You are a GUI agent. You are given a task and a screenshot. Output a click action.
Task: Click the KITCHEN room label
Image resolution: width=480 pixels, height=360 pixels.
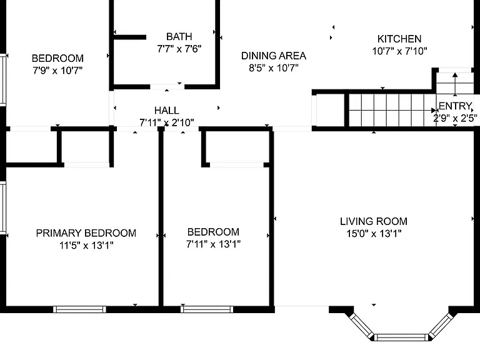(399, 39)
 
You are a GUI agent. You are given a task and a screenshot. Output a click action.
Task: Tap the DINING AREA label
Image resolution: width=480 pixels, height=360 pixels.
(274, 56)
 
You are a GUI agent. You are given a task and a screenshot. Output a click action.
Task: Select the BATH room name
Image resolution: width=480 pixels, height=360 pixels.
(179, 36)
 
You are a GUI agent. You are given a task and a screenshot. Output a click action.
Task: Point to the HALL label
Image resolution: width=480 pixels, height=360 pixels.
(166, 110)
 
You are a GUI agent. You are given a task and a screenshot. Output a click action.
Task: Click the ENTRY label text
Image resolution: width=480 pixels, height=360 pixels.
(455, 106)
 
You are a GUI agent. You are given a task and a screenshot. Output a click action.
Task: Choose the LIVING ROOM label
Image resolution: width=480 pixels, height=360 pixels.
(374, 221)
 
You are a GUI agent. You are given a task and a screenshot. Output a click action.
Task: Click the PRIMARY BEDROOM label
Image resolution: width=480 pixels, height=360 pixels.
(86, 233)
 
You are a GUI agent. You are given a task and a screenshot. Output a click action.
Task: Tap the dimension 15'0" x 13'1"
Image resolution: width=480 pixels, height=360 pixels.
(374, 234)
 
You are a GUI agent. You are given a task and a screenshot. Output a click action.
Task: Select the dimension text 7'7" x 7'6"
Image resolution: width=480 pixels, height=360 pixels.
(179, 49)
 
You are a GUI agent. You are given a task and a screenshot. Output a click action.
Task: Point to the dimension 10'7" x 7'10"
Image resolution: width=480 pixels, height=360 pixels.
(399, 51)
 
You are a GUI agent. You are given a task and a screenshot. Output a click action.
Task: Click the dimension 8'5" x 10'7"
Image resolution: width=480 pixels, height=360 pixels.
(274, 67)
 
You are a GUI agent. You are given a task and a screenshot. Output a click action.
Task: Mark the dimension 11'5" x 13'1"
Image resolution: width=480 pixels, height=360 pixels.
(86, 245)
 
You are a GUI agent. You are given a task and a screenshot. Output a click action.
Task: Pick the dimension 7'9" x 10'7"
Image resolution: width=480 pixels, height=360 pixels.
(57, 71)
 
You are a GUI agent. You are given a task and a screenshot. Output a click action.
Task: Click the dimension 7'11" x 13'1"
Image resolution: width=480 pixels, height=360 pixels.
(213, 244)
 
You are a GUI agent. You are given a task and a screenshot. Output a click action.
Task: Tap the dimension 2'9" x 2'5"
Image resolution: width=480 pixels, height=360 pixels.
(455, 118)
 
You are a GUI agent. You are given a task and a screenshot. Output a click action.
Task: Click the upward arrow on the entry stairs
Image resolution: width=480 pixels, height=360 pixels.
(455, 84)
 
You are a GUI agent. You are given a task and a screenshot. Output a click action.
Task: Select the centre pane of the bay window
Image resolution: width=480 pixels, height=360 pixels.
(401, 337)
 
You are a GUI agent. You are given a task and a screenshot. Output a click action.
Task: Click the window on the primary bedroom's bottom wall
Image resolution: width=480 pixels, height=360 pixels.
(79, 309)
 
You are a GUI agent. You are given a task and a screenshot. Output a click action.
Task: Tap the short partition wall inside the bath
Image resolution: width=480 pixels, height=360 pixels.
(130, 37)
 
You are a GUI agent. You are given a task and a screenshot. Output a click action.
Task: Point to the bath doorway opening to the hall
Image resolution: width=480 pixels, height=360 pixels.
(167, 87)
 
